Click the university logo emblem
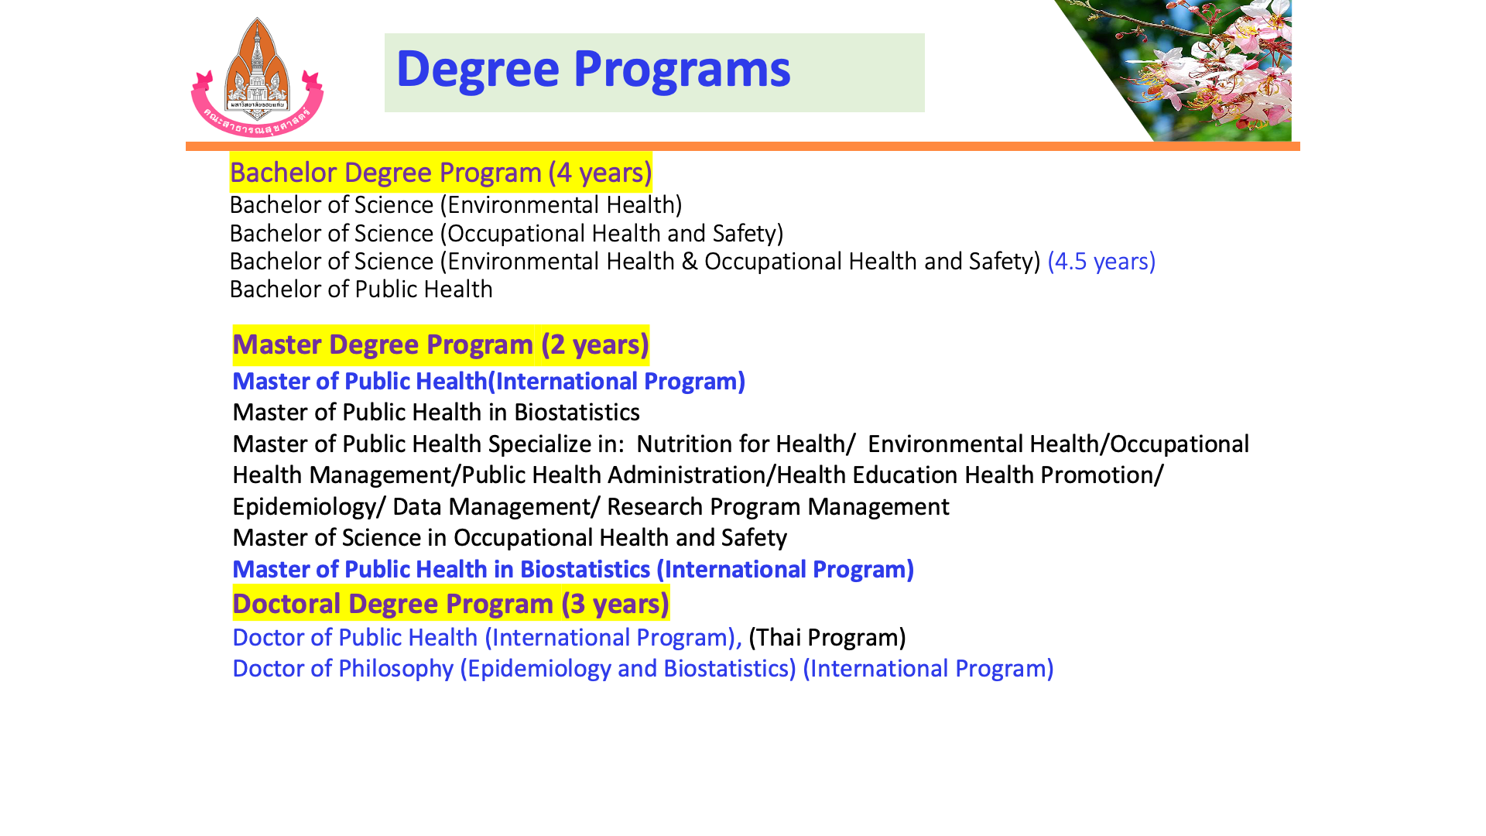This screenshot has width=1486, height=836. [257, 77]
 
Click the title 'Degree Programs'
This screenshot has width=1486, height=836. [593, 70]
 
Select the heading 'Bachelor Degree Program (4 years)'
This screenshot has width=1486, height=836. [441, 173]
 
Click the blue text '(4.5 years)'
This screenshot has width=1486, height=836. [1101, 262]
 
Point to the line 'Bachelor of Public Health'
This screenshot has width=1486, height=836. [361, 290]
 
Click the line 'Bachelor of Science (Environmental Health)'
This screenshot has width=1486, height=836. [456, 205]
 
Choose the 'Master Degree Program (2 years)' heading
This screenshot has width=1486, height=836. [440, 344]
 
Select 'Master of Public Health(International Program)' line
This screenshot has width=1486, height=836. [488, 382]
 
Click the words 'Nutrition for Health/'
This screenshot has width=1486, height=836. [746, 444]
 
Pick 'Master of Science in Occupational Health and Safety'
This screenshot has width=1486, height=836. [510, 538]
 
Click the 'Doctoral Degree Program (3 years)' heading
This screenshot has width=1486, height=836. [451, 604]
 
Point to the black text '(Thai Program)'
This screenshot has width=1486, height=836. [827, 638]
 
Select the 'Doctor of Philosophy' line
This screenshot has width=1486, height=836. [643, 669]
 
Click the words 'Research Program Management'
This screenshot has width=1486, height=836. [778, 507]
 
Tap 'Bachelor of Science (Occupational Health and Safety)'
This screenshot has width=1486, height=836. [507, 234]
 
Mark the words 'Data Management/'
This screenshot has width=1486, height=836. [496, 507]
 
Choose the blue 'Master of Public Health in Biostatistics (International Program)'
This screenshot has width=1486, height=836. [574, 570]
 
